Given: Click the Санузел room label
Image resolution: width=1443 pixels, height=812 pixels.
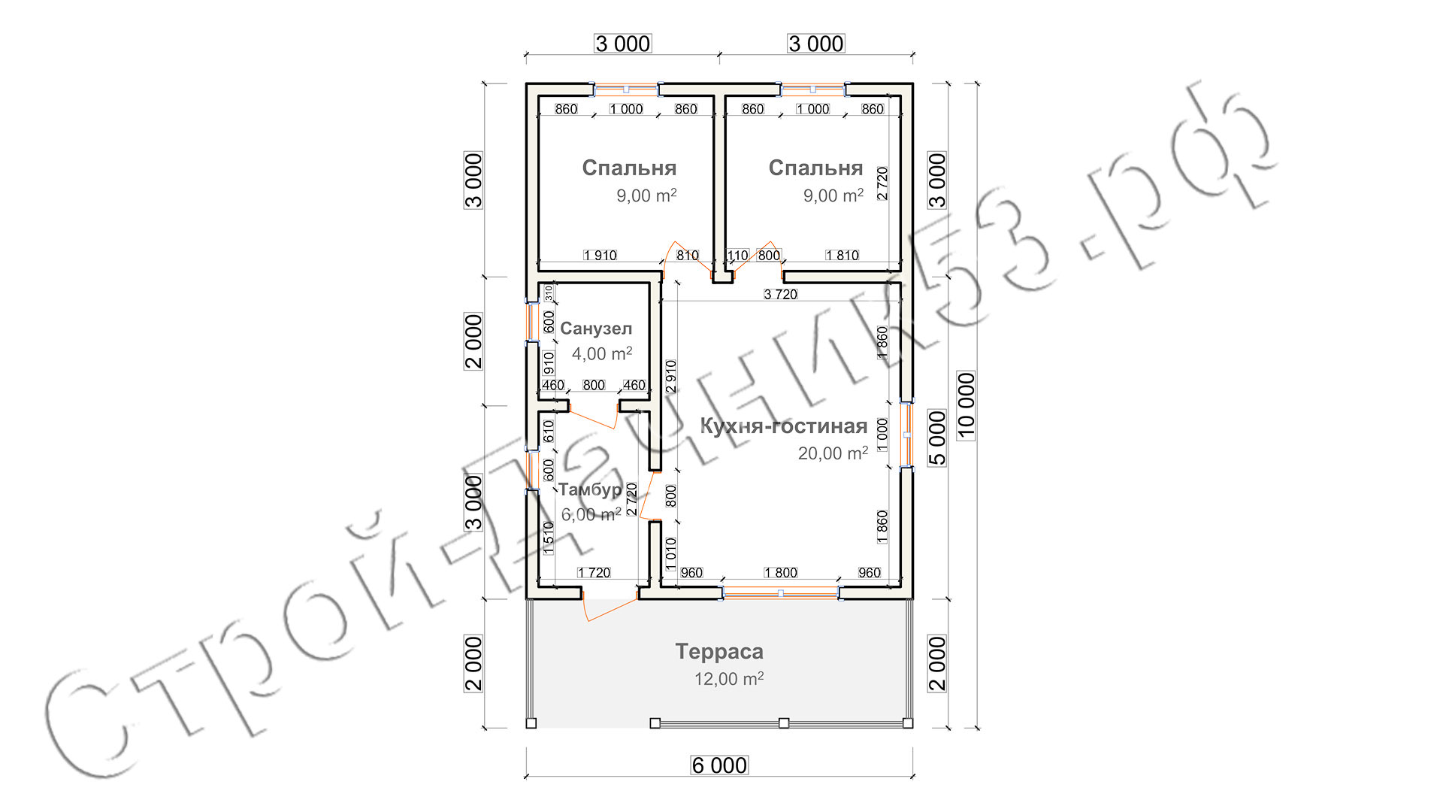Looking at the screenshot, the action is click(x=596, y=329).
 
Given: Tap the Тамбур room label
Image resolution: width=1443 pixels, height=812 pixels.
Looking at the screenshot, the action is click(x=590, y=489).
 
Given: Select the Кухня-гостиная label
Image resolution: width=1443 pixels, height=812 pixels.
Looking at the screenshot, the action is click(x=784, y=426).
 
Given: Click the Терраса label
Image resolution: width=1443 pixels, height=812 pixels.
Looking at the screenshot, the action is click(x=719, y=651).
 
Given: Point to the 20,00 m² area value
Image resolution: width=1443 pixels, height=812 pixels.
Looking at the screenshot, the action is click(x=833, y=453).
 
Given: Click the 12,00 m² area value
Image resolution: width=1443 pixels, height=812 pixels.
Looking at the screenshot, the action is click(x=729, y=678).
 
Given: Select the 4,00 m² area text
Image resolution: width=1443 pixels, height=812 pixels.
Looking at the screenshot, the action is click(x=602, y=353).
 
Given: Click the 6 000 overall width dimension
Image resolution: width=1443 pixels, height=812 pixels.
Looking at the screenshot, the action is click(x=719, y=765).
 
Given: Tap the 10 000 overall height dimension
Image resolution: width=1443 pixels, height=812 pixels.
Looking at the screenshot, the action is click(x=967, y=406).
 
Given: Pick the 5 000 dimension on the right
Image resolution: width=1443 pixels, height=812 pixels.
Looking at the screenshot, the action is click(x=937, y=438).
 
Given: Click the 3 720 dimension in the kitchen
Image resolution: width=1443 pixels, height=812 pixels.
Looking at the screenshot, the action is click(x=781, y=294).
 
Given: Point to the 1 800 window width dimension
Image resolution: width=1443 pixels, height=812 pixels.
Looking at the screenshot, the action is click(x=781, y=573).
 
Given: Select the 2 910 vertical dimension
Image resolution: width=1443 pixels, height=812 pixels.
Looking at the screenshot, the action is click(x=671, y=377).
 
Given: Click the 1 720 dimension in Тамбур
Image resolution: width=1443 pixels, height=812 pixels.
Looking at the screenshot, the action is click(x=594, y=573).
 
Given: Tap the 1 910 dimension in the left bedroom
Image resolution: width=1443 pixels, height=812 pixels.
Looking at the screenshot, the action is click(x=600, y=256).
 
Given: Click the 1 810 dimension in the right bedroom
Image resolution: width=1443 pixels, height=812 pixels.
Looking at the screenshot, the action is click(x=843, y=256).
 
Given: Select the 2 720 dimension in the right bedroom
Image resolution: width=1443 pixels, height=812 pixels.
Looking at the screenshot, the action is click(x=882, y=183).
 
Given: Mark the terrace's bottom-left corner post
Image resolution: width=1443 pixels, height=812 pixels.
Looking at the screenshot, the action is click(x=531, y=723).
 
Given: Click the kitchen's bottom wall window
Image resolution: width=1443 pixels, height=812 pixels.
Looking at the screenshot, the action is click(x=781, y=593).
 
